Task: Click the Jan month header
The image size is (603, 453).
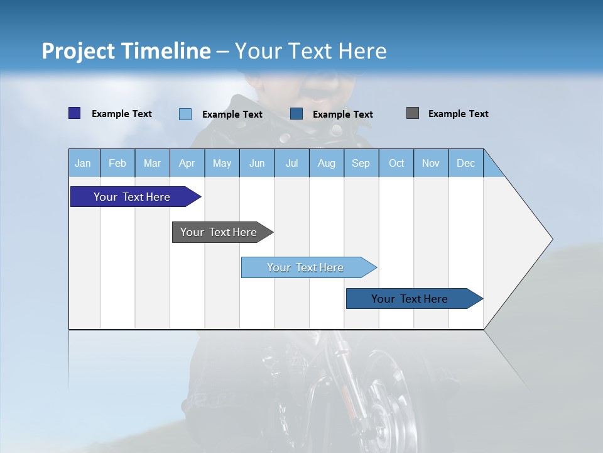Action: tap(83, 163)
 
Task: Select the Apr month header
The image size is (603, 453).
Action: tap(187, 163)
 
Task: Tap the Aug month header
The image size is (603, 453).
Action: tap(326, 163)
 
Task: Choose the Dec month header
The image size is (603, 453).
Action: tap(465, 163)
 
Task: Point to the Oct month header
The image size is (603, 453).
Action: tap(396, 163)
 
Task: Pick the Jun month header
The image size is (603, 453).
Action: tap(257, 163)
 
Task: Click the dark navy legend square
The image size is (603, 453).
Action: tap(74, 113)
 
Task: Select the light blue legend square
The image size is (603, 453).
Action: tap(185, 114)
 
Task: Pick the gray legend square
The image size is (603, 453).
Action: tap(412, 113)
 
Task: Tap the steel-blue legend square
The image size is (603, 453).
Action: tap(296, 114)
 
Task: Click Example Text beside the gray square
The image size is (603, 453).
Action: tap(458, 114)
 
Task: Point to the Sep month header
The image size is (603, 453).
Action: tap(361, 163)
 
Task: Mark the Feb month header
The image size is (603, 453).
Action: tap(117, 163)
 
